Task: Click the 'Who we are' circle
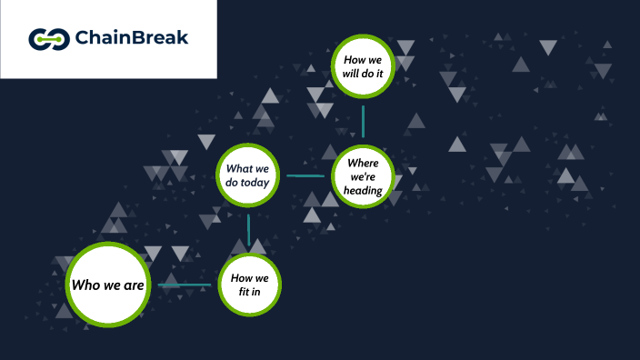tap(108, 285)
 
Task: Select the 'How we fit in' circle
tap(249, 285)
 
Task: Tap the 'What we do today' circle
tap(248, 175)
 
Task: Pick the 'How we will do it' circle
tap(363, 66)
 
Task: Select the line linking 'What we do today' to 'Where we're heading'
tap(305, 175)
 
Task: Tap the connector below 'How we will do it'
tap(363, 121)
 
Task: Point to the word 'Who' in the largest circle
tap(85, 285)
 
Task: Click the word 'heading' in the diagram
tap(363, 191)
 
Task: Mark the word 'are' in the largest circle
tap(134, 285)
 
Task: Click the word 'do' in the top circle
tap(372, 74)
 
